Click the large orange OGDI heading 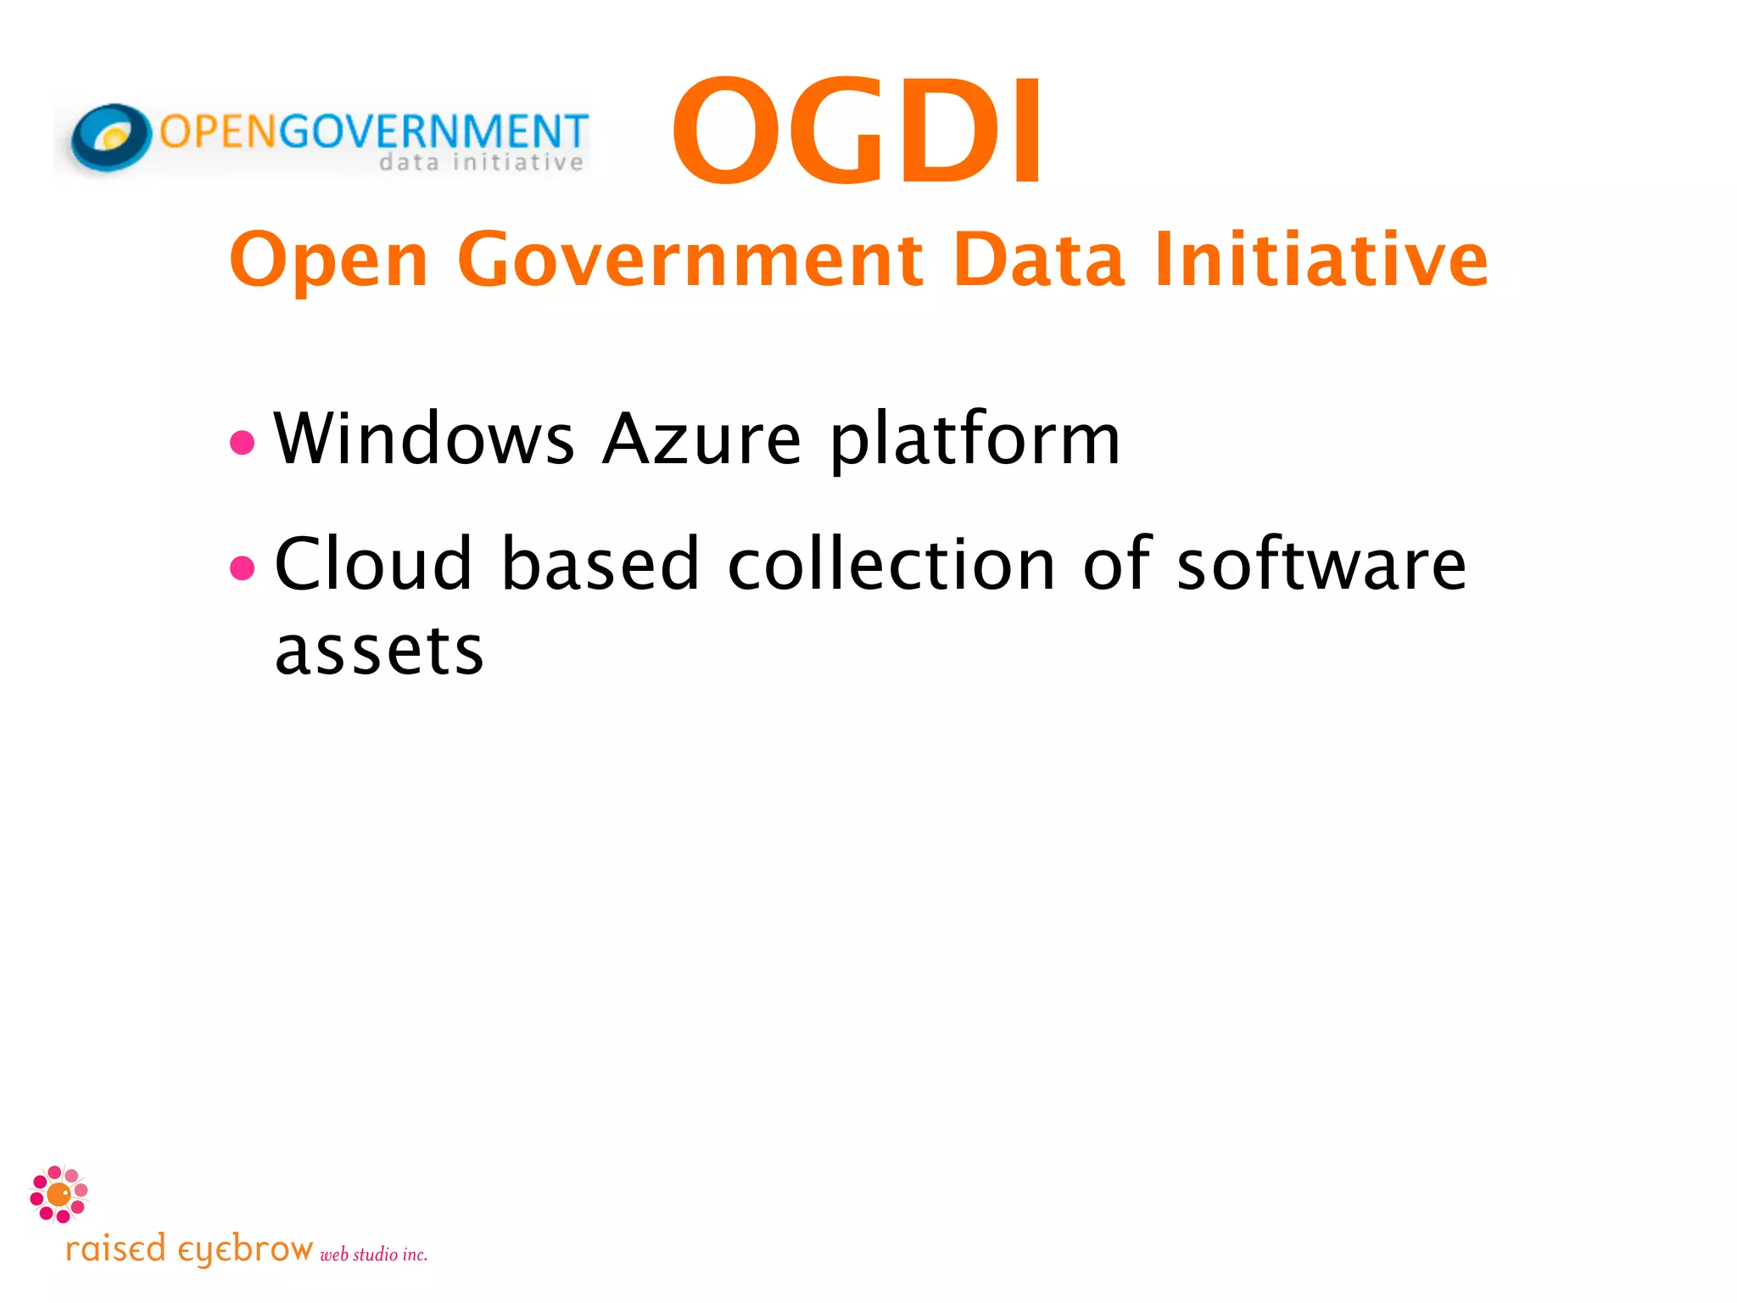click(x=857, y=131)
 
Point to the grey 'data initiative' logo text click(x=481, y=162)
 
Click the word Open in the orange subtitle click(x=329, y=260)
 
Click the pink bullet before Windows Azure click(x=243, y=442)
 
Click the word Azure click(x=701, y=439)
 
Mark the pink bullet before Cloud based click(x=243, y=568)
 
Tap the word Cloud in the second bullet click(x=373, y=564)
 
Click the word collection click(x=891, y=564)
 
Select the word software click(x=1321, y=564)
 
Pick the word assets click(x=379, y=651)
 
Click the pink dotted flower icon click(x=59, y=1194)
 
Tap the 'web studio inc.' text click(x=373, y=1254)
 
